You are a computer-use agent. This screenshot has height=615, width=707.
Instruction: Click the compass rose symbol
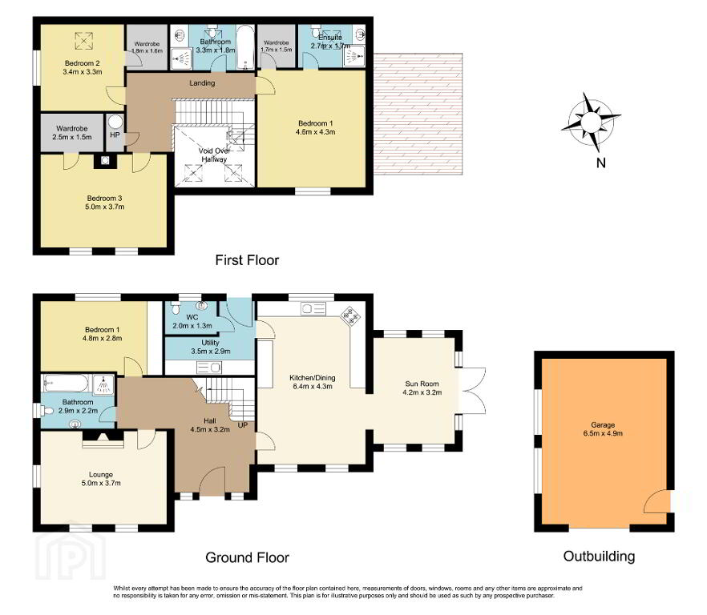click(591, 122)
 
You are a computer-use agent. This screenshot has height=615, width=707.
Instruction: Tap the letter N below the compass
click(600, 163)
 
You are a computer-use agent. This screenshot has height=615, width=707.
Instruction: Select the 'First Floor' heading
click(247, 260)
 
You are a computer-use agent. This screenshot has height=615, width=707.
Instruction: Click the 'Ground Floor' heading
click(247, 557)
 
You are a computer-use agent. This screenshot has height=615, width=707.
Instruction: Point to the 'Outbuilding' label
click(600, 557)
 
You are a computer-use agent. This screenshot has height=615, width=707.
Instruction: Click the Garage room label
click(603, 429)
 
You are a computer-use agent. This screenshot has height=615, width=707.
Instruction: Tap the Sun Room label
click(422, 388)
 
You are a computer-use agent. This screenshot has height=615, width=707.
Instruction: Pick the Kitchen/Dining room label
click(313, 382)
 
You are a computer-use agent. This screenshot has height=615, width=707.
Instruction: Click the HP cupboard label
click(115, 135)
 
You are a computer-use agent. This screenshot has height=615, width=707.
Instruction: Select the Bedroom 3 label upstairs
click(104, 203)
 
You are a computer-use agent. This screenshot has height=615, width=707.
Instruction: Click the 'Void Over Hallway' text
click(214, 155)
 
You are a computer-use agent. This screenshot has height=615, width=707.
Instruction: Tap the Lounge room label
click(101, 479)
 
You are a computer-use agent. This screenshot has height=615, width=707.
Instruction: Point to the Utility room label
click(211, 347)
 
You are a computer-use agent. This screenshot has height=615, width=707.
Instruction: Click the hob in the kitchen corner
click(350, 316)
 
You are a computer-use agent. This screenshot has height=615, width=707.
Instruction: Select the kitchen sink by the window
click(313, 308)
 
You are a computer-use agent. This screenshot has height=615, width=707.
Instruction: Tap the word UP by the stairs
click(243, 425)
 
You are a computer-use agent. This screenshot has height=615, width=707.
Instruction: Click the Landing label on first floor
click(202, 83)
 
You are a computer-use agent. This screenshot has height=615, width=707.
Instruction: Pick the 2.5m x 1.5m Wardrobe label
click(72, 132)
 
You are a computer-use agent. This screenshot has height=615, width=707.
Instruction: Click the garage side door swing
click(656, 501)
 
